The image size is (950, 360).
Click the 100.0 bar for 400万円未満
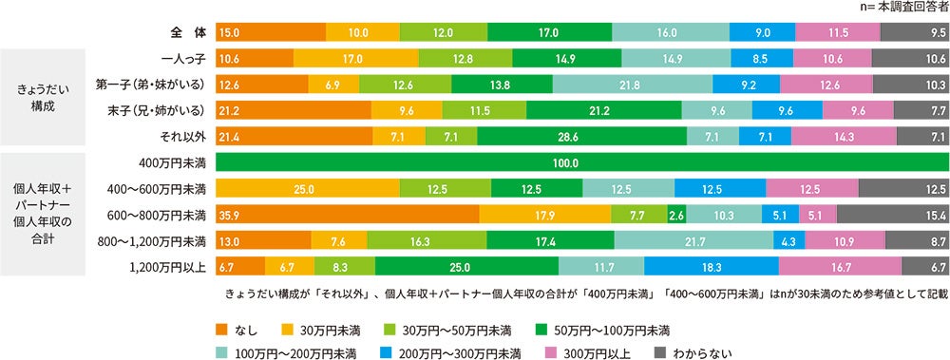(582, 162)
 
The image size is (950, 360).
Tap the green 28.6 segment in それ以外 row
(580, 137)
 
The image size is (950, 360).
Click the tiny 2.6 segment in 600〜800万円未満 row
(676, 215)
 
